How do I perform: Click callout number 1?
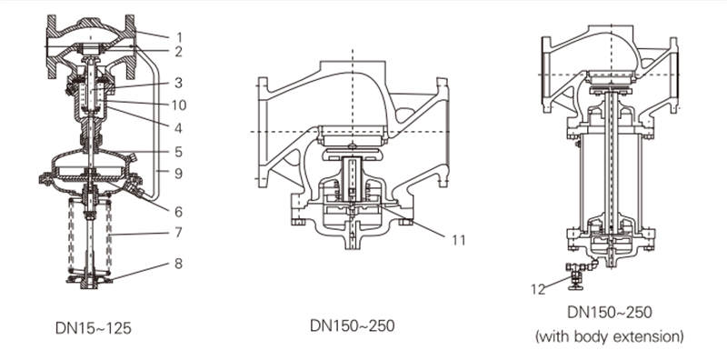point(179,37)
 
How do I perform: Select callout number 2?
point(178,52)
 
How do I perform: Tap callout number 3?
point(178,83)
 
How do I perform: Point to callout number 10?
point(178,105)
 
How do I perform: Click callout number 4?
point(178,127)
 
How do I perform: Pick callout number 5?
point(178,152)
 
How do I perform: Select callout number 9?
point(178,174)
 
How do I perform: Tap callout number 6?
point(178,212)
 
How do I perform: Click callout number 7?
point(178,232)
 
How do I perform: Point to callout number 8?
point(178,264)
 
